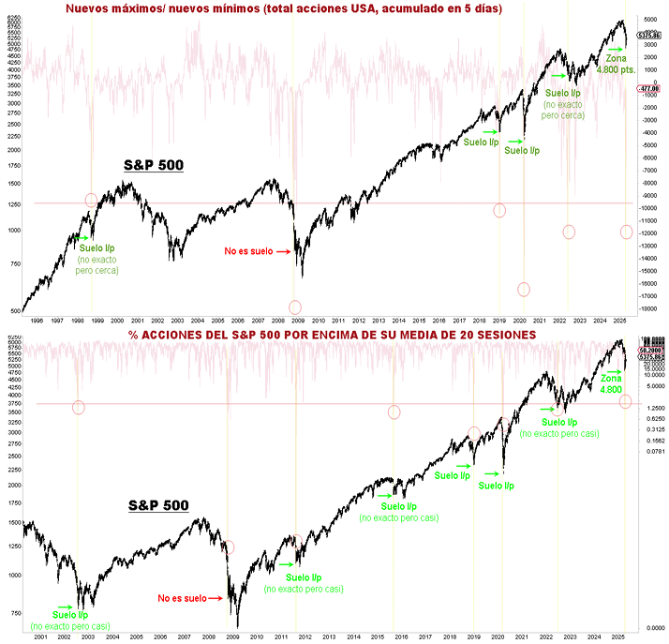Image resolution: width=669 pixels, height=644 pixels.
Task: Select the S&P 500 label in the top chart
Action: pos(154,166)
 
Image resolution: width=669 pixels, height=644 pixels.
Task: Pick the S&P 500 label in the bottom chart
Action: pos(158,505)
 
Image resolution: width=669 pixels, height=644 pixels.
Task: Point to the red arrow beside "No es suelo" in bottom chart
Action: pos(213,597)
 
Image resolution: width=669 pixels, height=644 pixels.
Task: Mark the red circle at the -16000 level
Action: pos(524,290)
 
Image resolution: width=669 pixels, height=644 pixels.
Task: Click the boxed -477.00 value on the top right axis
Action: pos(648,88)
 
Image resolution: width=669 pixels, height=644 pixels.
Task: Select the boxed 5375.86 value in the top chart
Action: pos(648,36)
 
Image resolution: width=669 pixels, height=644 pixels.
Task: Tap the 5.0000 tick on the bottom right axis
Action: pos(650,385)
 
